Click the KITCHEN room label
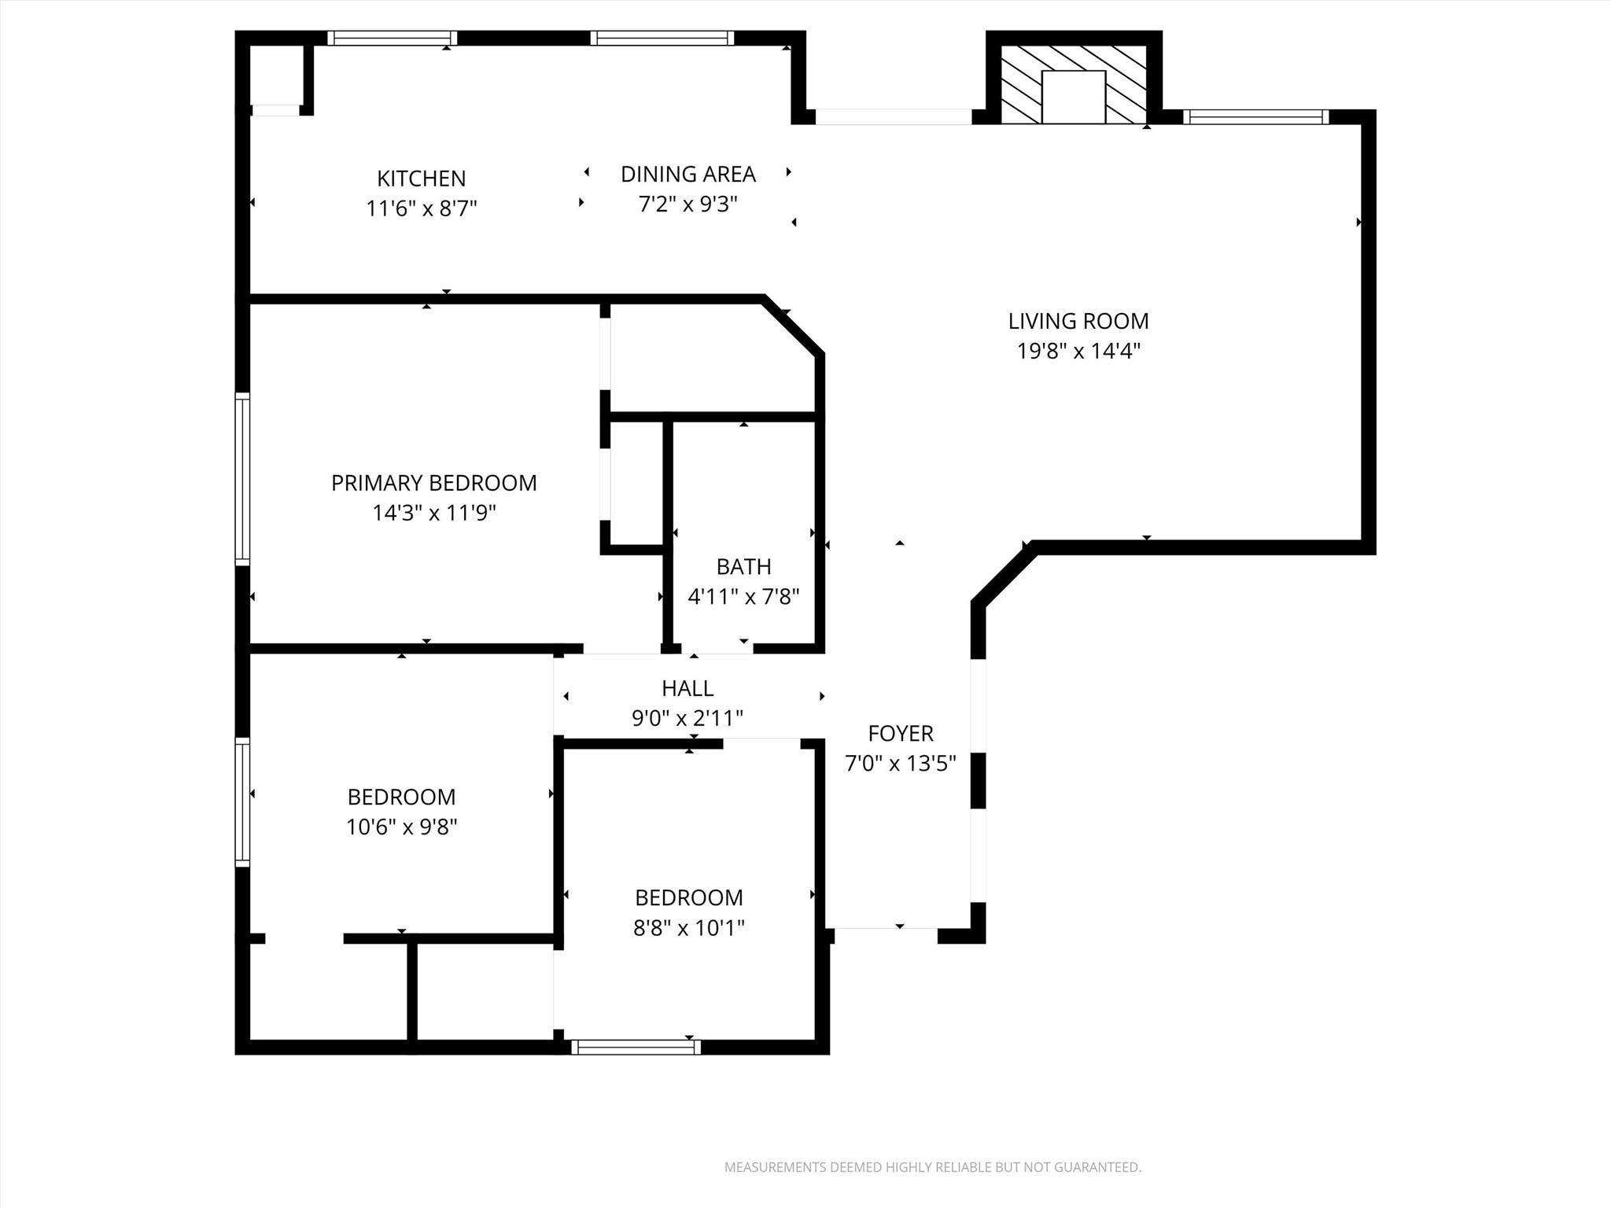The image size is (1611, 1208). [421, 179]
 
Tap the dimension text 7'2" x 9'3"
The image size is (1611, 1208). [688, 204]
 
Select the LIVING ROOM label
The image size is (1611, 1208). [1078, 321]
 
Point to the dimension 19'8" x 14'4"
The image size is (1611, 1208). [1078, 351]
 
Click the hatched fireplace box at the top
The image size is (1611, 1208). [1073, 84]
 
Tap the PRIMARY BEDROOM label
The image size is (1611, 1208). [433, 483]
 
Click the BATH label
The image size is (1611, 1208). [743, 566]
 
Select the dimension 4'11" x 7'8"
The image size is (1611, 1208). [743, 597]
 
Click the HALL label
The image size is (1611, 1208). [688, 688]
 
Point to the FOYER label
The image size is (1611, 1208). [900, 733]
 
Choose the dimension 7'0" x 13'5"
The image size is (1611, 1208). [900, 763]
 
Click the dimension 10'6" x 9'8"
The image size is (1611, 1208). [401, 827]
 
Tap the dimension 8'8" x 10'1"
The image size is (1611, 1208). [688, 928]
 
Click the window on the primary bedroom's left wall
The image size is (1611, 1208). [243, 478]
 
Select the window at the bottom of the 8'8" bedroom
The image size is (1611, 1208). [636, 1047]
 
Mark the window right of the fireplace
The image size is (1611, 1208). [1255, 117]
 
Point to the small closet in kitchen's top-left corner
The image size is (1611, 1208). [276, 75]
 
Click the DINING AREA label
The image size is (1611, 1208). [688, 174]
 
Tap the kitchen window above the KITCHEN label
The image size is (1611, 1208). [392, 38]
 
